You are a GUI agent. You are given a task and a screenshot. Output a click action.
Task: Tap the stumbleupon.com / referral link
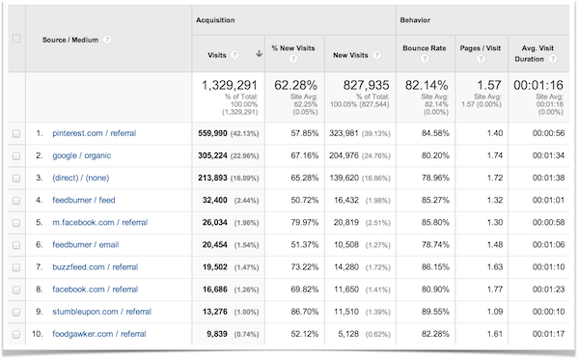pyautogui.click(x=101, y=312)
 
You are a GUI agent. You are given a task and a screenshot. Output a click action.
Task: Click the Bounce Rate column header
pyautogui.click(x=424, y=48)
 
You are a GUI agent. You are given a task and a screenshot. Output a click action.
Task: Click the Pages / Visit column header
pyautogui.click(x=479, y=48)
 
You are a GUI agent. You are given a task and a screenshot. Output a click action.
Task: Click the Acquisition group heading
pyautogui.click(x=218, y=20)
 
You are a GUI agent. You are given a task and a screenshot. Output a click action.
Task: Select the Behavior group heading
pyautogui.click(x=417, y=20)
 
